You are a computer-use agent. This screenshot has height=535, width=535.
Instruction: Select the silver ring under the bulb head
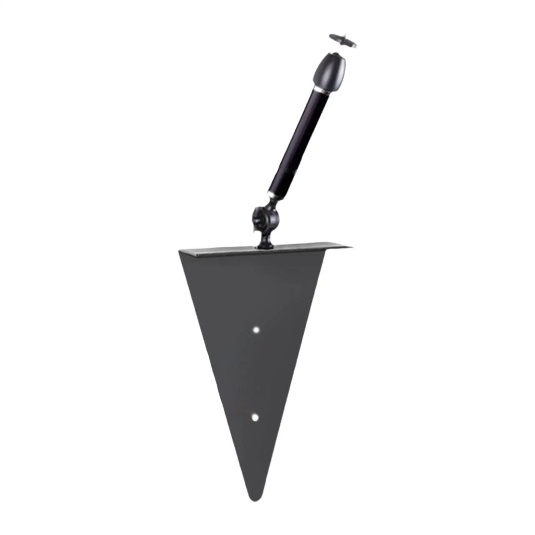(322, 91)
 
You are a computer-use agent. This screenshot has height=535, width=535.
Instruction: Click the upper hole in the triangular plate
(256, 330)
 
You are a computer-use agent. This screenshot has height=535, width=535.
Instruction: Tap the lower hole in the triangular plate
(255, 417)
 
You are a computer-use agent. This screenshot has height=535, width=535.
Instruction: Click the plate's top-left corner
(181, 251)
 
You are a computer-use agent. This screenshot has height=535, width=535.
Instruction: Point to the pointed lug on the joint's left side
(255, 230)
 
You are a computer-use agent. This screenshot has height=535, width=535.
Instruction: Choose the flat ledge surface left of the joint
(221, 249)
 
